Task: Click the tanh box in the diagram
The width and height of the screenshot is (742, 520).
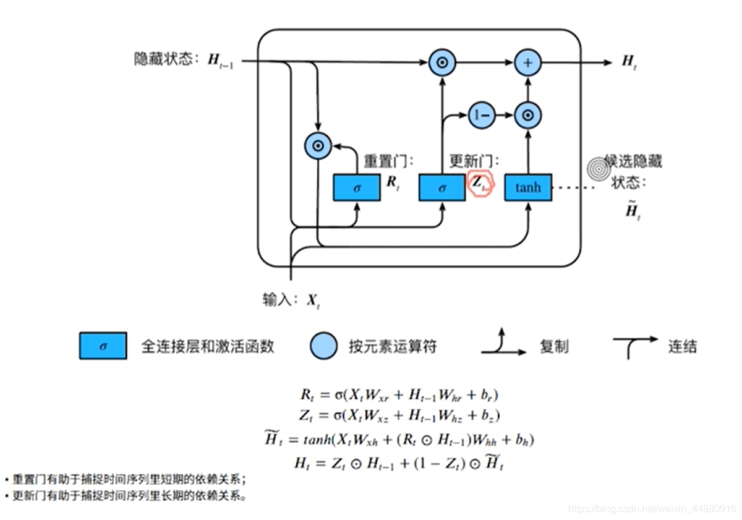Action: tap(527, 187)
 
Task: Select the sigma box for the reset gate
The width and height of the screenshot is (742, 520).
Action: tap(357, 187)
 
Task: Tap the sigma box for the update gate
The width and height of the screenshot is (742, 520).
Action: tap(441, 187)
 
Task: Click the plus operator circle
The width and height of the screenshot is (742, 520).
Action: tap(527, 62)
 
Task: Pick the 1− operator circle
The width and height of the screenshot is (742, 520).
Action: tap(481, 115)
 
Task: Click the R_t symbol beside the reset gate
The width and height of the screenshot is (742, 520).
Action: tap(393, 184)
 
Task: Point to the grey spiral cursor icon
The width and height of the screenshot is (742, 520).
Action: tap(599, 168)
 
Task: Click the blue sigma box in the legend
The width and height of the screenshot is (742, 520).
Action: tap(103, 346)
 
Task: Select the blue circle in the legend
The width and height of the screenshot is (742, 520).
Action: tap(323, 346)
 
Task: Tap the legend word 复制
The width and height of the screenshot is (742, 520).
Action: tap(553, 347)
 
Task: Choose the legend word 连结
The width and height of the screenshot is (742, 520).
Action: tap(682, 346)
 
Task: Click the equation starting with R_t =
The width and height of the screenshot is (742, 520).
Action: tap(398, 394)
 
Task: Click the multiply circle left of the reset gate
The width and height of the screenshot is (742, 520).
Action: tap(318, 146)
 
